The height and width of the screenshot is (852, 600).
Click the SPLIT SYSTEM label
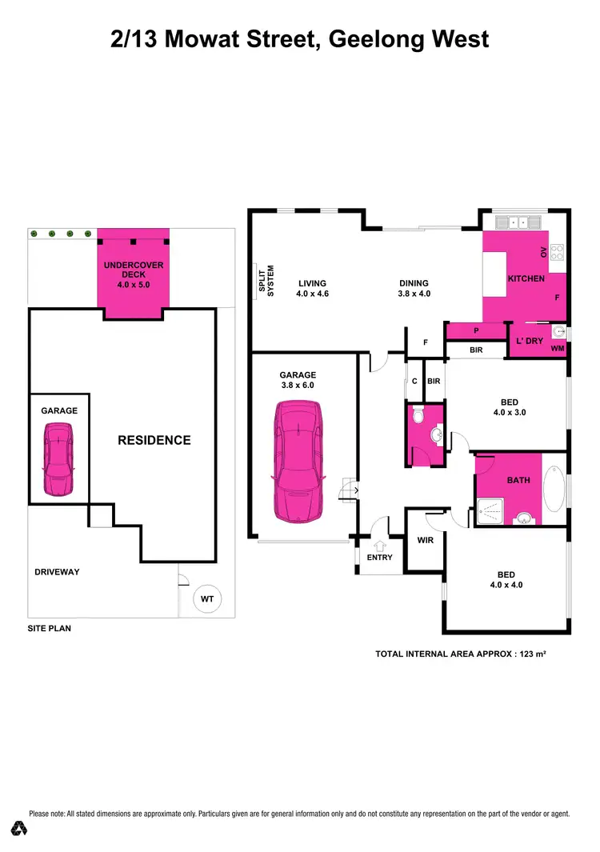270,282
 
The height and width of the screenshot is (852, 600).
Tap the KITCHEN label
526,278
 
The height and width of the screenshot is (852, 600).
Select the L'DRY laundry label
529,341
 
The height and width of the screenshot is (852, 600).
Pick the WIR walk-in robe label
425,539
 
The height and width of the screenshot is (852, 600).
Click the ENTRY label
379,557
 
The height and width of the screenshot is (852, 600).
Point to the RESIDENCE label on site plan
154,440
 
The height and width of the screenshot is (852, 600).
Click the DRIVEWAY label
57,572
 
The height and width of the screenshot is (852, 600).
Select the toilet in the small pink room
416,416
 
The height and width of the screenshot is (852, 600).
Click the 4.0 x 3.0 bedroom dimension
509,413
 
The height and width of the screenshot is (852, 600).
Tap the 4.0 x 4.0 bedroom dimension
506,585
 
